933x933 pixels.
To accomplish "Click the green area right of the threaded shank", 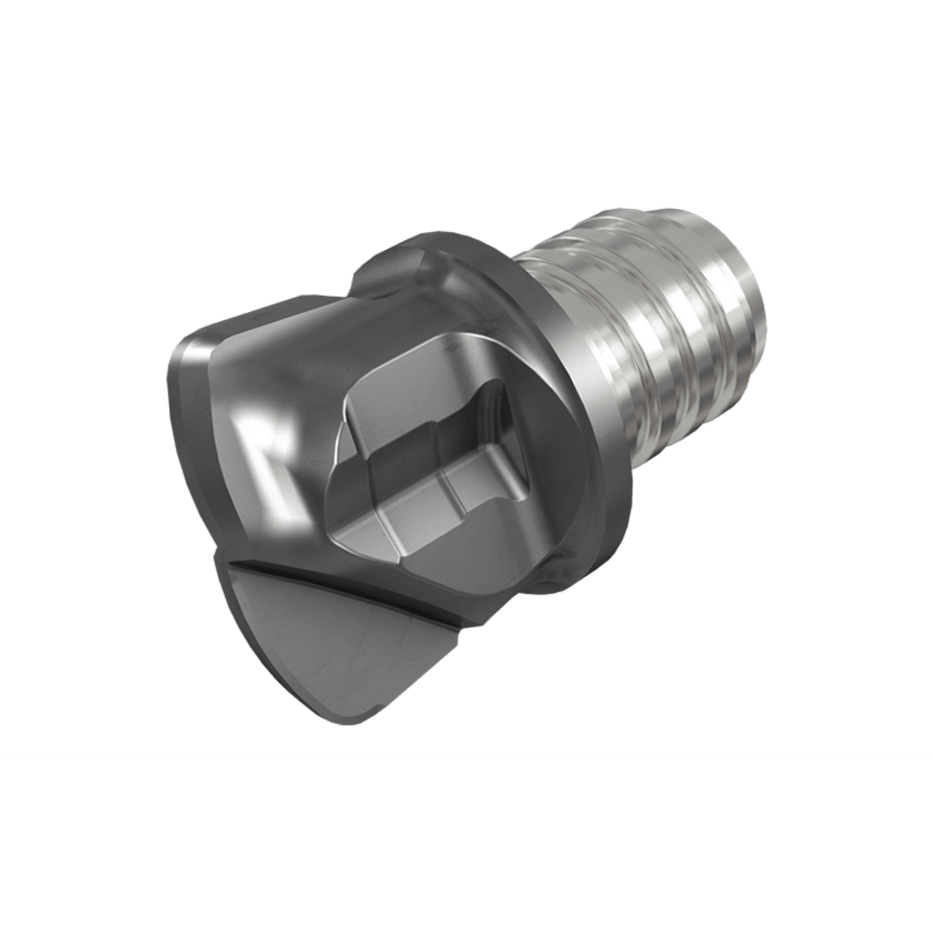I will point(845,384).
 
